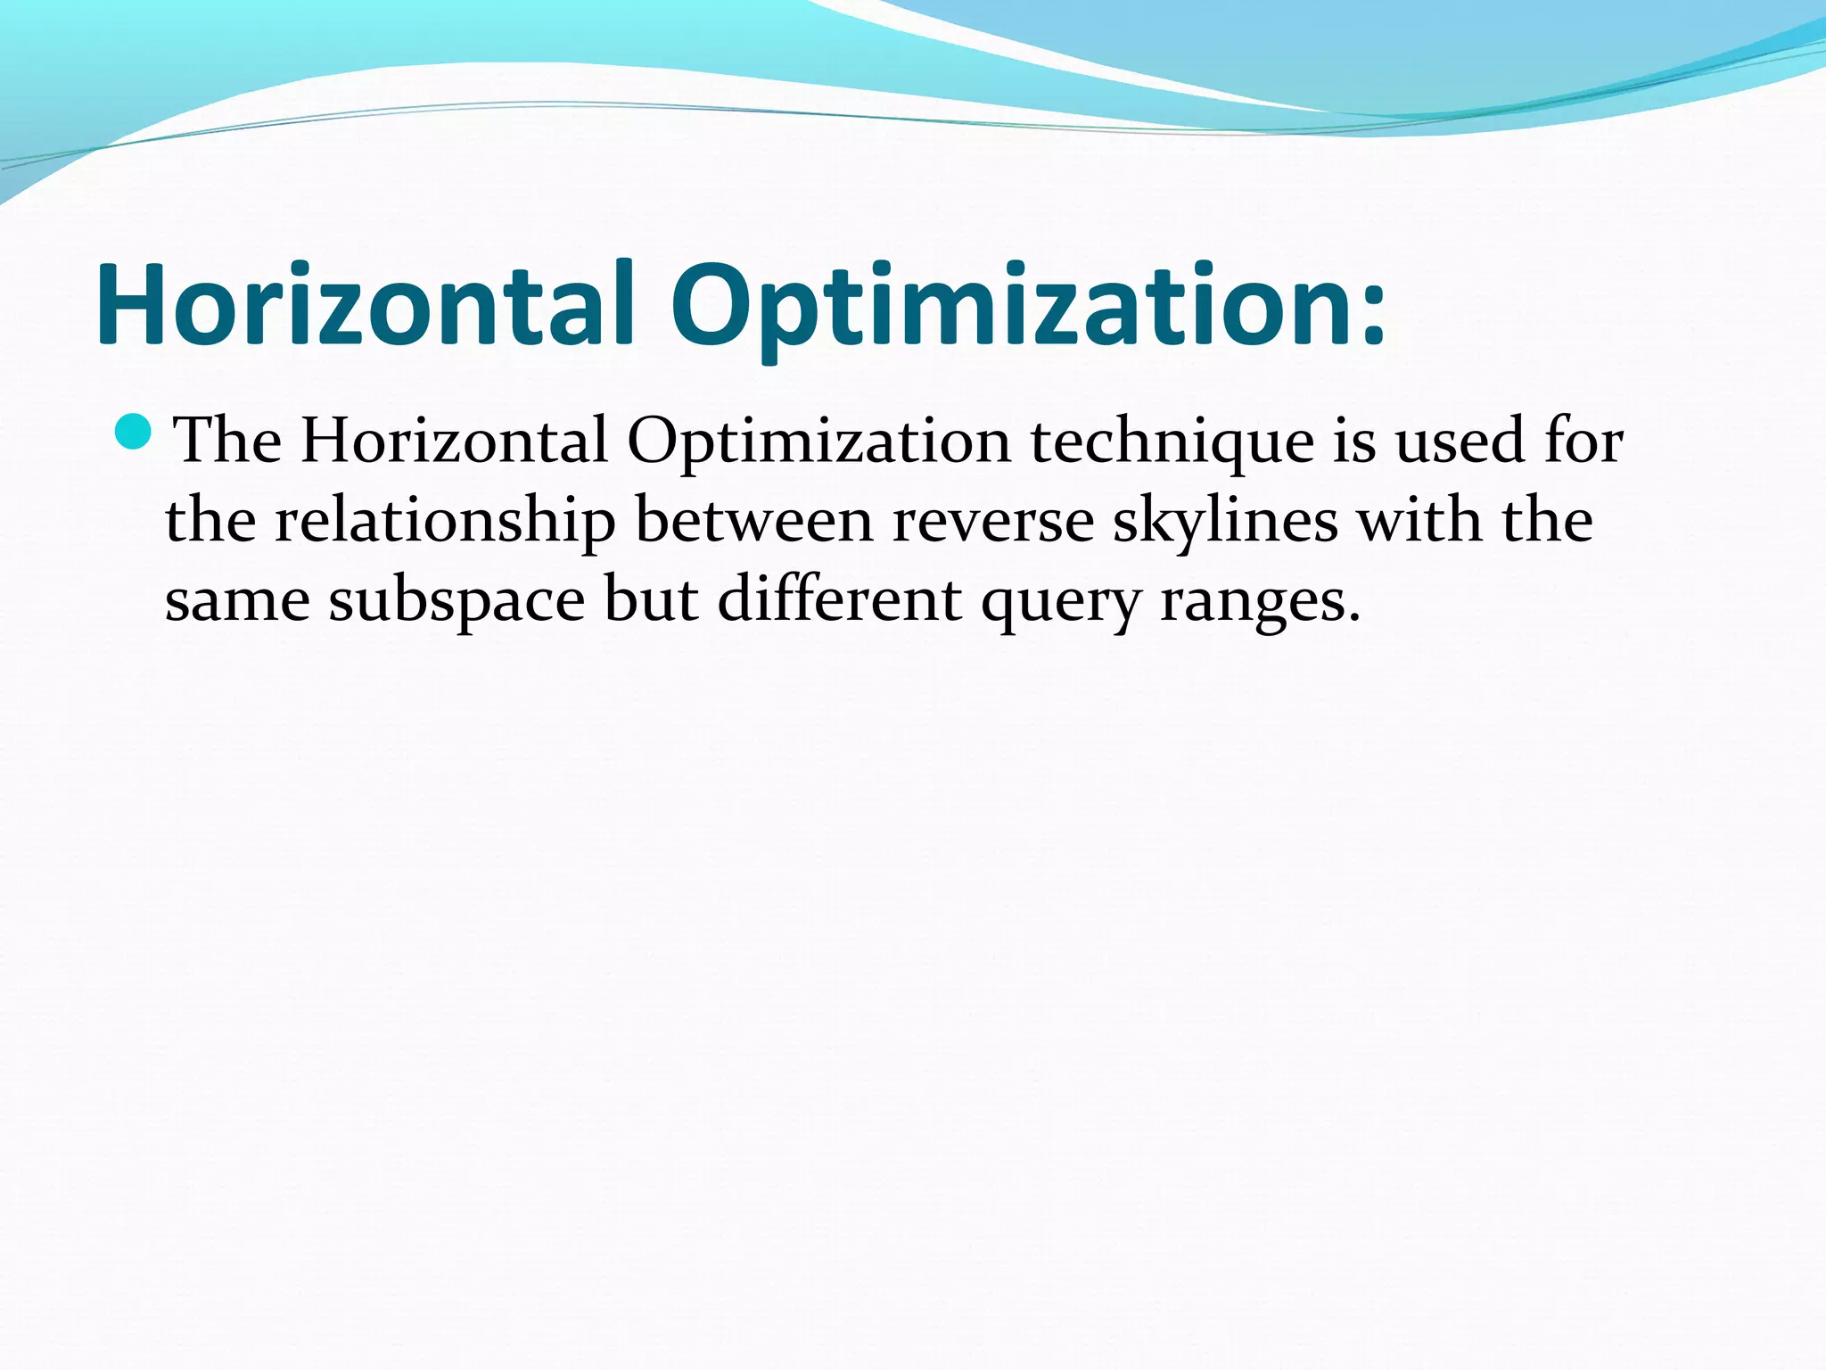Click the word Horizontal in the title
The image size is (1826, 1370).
[x=365, y=304]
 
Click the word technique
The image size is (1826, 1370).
[x=1172, y=442]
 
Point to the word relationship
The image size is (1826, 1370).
[x=445, y=522]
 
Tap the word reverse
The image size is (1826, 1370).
[x=992, y=522]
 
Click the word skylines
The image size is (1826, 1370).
[x=1225, y=522]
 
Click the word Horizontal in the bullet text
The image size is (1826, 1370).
[x=454, y=441]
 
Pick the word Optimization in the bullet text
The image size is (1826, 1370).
[x=819, y=442]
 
